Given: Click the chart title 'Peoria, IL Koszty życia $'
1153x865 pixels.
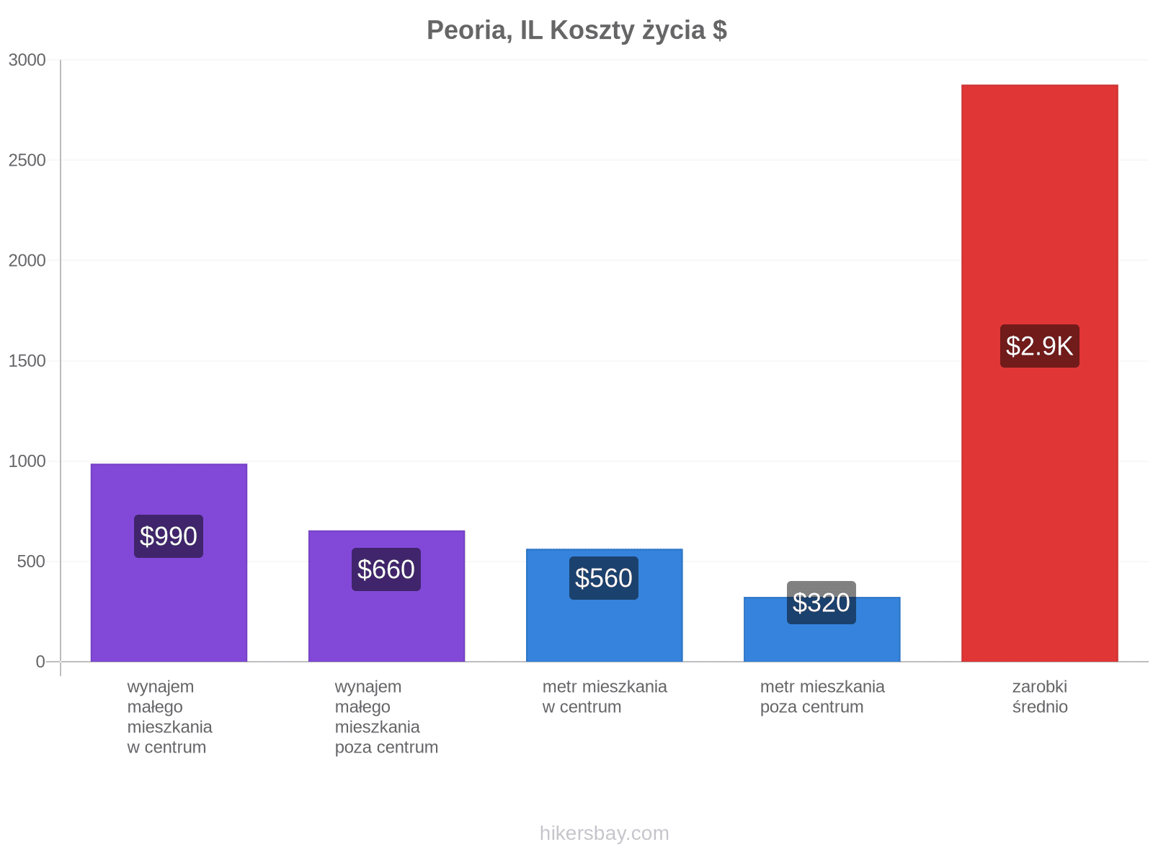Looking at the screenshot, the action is click(576, 30).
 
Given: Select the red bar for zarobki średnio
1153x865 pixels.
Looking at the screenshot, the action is click(1039, 373).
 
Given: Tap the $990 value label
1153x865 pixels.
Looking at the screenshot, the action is click(168, 536).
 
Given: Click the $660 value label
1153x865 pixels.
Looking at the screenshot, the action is click(386, 569).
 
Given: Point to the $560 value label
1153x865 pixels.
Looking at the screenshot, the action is click(604, 578).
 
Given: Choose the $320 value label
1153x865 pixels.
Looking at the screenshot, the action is click(821, 603).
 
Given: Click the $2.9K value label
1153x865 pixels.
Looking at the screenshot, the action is click(1039, 346).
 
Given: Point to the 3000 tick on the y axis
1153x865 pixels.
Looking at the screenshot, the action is click(27, 60).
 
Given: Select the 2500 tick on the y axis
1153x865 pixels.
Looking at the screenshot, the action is click(27, 160).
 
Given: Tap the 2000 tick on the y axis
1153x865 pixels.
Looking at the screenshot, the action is click(27, 260).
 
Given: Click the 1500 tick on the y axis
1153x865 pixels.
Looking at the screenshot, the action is click(27, 361).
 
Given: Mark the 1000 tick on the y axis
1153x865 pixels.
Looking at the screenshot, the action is click(27, 461).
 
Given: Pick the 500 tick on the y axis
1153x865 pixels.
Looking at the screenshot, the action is click(32, 562).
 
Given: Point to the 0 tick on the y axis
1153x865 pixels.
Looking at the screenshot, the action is click(40, 662).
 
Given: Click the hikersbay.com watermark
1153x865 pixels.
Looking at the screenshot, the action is click(604, 833).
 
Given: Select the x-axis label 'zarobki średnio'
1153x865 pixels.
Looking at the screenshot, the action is click(1040, 697).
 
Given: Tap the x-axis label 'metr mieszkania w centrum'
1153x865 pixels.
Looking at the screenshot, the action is click(605, 697).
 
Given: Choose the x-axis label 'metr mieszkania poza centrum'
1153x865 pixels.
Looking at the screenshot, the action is click(822, 697).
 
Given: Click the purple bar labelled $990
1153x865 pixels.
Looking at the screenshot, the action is click(169, 562).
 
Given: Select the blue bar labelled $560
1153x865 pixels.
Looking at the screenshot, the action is click(604, 605).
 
